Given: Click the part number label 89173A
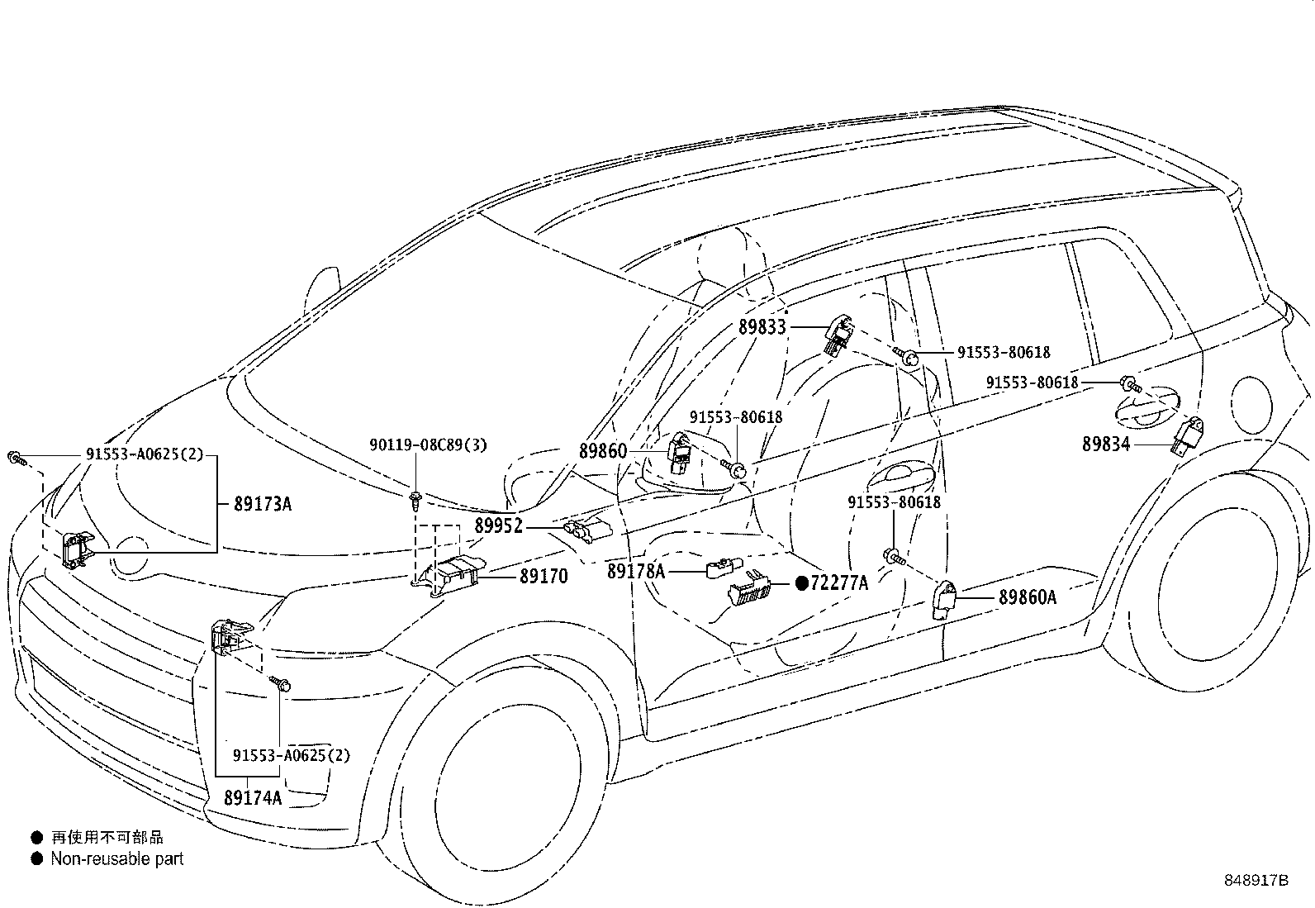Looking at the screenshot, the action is pyautogui.click(x=263, y=504).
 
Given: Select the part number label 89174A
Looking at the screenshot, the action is pyautogui.click(x=253, y=797).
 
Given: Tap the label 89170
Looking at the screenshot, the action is pyautogui.click(x=544, y=576).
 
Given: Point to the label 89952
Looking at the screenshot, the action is pyautogui.click(x=498, y=525).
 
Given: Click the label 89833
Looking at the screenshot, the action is pyautogui.click(x=762, y=326).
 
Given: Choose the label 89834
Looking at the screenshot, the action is pyautogui.click(x=1106, y=444).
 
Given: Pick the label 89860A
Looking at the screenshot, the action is pyautogui.click(x=1028, y=597).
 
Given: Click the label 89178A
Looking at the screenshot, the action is pyautogui.click(x=636, y=571).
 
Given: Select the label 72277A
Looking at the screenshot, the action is pyautogui.click(x=839, y=582).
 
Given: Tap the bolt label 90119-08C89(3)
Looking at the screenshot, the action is pyautogui.click(x=429, y=444).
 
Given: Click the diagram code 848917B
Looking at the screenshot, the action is pyautogui.click(x=1256, y=881).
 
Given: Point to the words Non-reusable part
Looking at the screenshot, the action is pyautogui.click(x=117, y=858).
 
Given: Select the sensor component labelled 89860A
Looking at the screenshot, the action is pyautogui.click(x=944, y=600).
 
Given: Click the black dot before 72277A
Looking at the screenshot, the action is pyautogui.click(x=802, y=583).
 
